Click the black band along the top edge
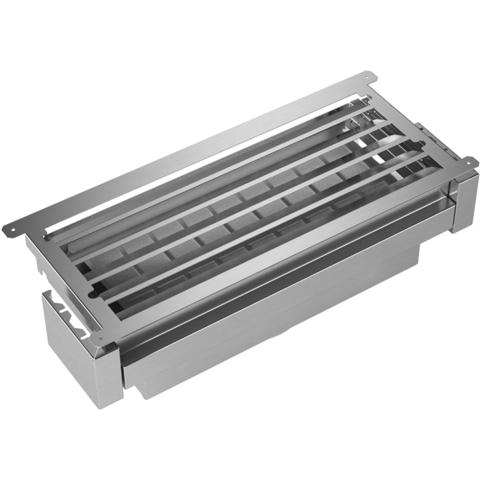[240, 34]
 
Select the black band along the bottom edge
[240, 446]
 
